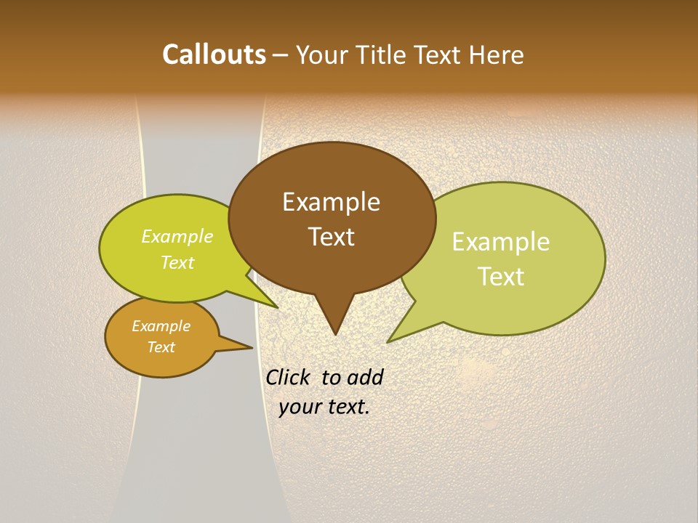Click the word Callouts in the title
214,54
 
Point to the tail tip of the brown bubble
335,334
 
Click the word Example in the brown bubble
331,202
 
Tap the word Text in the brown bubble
332,237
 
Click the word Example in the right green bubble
501,242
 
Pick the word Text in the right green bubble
501,277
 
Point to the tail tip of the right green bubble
388,341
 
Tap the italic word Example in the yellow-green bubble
177,237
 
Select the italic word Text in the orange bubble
161,347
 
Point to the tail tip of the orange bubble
252,347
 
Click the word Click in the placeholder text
289,377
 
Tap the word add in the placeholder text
364,377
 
